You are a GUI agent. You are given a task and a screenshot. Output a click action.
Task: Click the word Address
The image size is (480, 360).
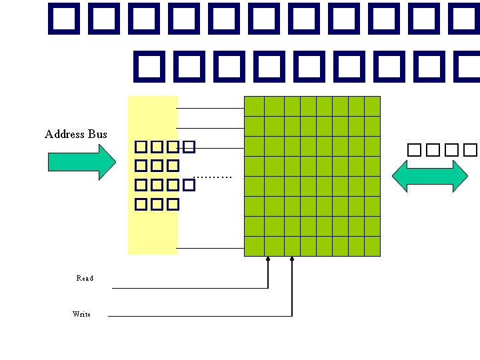pos(64,134)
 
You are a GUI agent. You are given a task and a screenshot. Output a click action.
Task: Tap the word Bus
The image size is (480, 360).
pos(97,134)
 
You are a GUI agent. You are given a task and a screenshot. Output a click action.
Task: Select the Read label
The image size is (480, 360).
pos(85,278)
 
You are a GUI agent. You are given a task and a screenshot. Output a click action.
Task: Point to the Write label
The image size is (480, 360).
pos(81,313)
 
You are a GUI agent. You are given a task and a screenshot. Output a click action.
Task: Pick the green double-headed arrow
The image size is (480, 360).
pos(430,175)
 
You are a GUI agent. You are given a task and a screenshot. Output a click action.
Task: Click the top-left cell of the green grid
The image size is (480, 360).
pos(254,106)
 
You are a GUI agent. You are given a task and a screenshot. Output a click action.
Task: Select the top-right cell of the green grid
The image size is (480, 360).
pos(372,106)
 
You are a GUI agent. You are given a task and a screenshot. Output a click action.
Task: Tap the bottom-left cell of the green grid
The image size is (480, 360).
pos(254,246)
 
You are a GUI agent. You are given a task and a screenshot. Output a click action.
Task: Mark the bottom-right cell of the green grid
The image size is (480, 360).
pos(372,246)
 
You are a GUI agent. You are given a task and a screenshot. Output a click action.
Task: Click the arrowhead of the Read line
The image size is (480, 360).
pos(268,259)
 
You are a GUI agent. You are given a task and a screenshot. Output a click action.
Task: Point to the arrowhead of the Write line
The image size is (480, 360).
pos(292,259)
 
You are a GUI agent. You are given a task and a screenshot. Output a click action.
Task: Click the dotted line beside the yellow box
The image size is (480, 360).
pos(212,177)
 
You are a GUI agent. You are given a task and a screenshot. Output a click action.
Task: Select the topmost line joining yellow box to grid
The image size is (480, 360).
pos(211,108)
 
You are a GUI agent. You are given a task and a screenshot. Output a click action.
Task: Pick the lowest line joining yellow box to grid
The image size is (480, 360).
pos(211,248)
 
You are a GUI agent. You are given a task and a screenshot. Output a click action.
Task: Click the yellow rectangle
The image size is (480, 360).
pos(153,227)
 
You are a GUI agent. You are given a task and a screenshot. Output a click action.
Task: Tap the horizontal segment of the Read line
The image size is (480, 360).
pos(190,288)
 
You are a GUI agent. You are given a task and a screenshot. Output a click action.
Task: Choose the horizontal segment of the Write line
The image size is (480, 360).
pos(200,315)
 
